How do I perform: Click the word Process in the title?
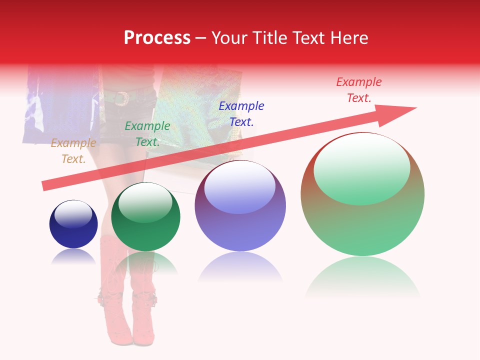coord(157,38)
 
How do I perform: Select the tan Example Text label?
coord(73,151)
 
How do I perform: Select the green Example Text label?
coord(147,134)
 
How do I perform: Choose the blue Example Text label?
coord(241,113)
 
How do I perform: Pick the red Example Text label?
coord(359,90)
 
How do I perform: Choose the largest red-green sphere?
coord(362,220)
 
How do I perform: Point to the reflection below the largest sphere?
coord(362,277)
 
